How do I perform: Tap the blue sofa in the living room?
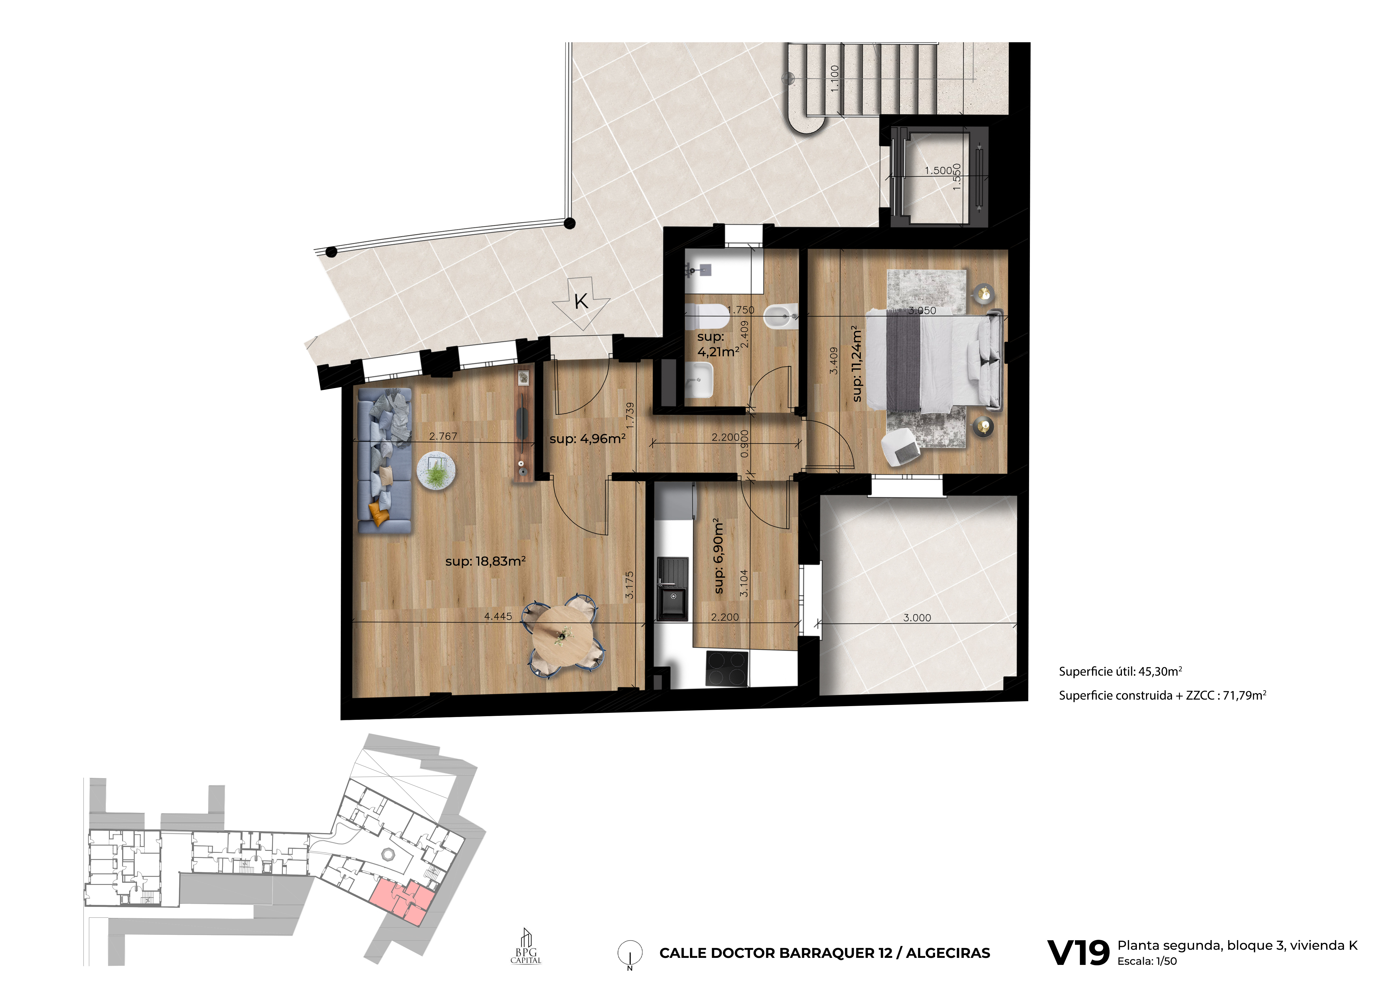click(384, 460)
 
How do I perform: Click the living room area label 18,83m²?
click(485, 561)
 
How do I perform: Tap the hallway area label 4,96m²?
click(587, 439)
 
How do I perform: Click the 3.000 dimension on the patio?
click(917, 617)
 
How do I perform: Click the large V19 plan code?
click(1078, 953)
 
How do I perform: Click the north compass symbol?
click(630, 953)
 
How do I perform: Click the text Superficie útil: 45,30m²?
click(1120, 672)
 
